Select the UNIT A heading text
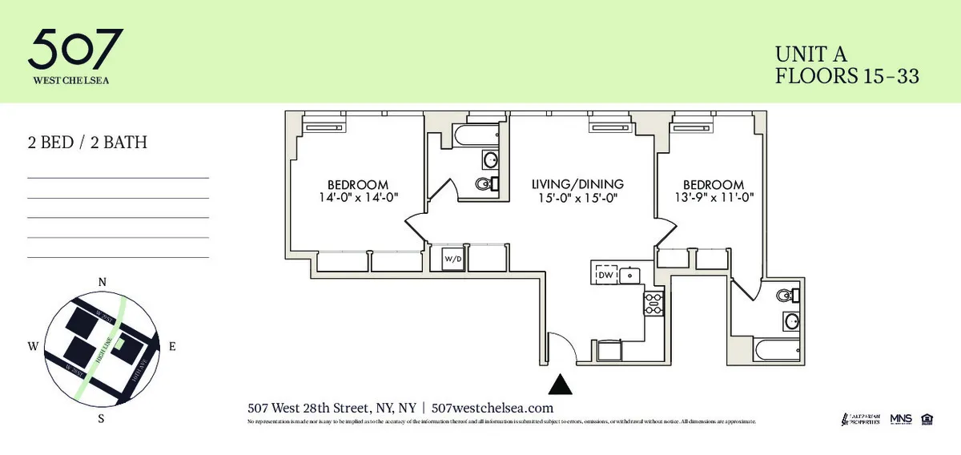coord(811,54)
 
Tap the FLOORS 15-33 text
coord(846,77)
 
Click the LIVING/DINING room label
coord(577,183)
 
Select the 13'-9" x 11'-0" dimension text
coord(714,197)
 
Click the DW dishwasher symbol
coord(605,275)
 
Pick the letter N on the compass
coord(102,282)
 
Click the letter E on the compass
coord(172,347)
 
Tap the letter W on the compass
coord(33,347)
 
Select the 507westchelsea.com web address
coord(493,408)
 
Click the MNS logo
coord(901,419)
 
